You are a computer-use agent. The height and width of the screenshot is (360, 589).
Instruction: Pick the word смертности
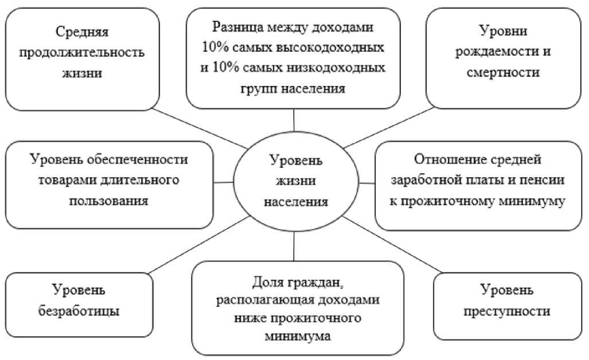pyautogui.click(x=504, y=73)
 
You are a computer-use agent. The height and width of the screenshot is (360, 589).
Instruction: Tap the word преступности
pyautogui.click(x=502, y=311)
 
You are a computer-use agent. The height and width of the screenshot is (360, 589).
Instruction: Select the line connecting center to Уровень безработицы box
pyautogui.click(x=195, y=244)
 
